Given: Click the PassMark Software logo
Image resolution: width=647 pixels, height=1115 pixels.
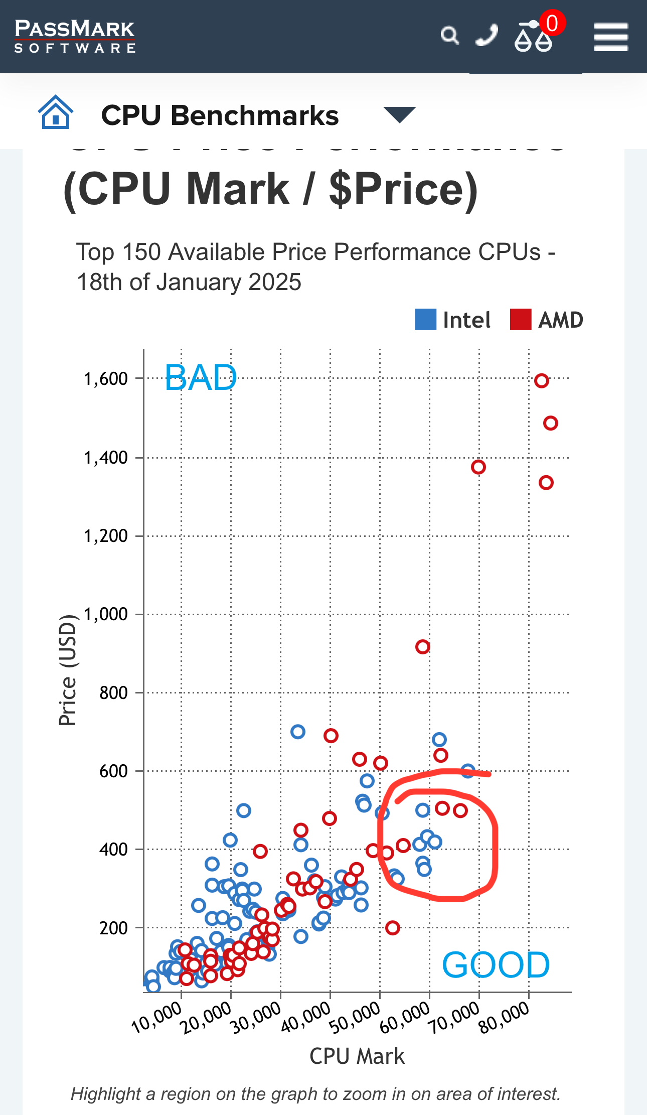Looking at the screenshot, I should [x=75, y=36].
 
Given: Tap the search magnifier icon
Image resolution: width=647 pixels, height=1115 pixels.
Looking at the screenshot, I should [x=449, y=36].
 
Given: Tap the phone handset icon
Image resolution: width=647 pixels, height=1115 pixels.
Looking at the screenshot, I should [x=487, y=36].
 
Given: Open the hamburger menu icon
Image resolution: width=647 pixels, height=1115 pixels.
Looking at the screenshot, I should [x=611, y=37].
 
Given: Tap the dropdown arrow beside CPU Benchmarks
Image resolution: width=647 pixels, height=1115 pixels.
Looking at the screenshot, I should [x=399, y=114].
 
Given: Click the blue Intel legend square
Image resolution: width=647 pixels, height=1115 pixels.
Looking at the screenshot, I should [x=425, y=320].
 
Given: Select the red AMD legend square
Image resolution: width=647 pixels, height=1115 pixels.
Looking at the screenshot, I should [x=520, y=320].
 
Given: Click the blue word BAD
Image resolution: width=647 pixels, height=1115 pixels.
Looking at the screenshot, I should [x=201, y=377].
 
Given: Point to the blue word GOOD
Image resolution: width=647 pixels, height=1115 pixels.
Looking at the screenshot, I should [x=496, y=964].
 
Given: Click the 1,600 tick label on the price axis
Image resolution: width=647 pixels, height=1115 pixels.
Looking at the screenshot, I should [x=106, y=379].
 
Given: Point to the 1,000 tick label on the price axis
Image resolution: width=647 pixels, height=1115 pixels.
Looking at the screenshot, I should [x=106, y=614].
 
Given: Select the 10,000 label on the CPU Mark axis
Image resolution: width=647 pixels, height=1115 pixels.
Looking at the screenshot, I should [x=156, y=1017].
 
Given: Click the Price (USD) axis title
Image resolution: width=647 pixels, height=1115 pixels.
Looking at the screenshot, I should [x=68, y=670].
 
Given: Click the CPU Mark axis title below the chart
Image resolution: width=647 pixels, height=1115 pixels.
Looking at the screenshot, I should [x=357, y=1056].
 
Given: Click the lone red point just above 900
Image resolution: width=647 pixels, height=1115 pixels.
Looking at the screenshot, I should [x=422, y=647].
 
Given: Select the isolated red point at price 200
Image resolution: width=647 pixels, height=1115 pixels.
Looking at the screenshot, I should [x=393, y=928].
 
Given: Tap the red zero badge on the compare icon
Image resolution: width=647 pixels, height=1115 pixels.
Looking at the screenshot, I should [x=552, y=23].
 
